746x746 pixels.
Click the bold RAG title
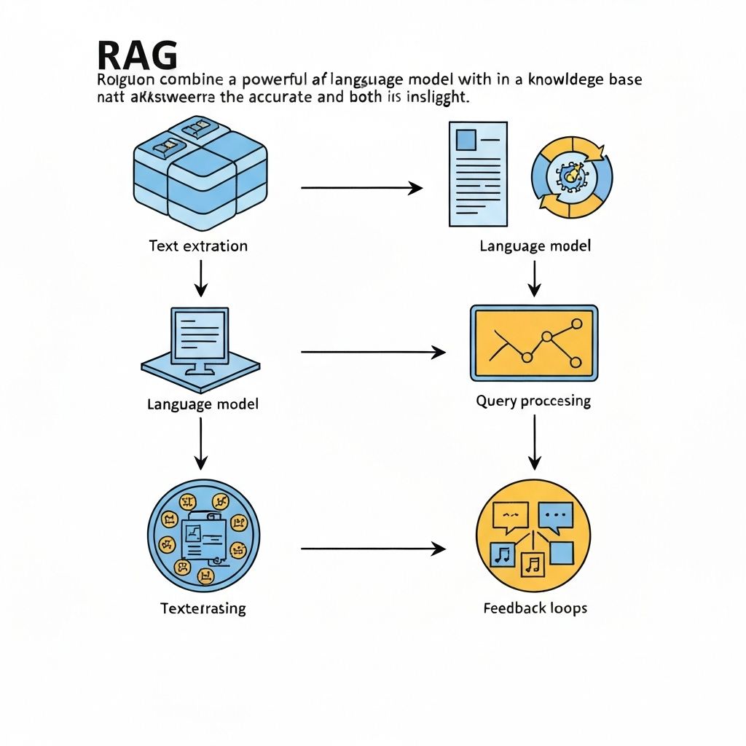click(136, 56)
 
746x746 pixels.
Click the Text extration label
click(198, 246)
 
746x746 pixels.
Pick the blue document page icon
click(478, 173)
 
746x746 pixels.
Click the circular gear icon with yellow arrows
click(572, 176)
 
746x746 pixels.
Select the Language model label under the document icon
click(535, 246)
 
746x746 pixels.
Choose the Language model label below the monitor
click(203, 404)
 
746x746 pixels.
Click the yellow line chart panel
click(535, 342)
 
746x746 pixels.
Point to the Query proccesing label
click(533, 401)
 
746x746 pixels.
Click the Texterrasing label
click(203, 608)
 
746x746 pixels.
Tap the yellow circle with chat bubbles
click(533, 537)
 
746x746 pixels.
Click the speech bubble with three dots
click(555, 514)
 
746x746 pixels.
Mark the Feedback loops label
click(535, 608)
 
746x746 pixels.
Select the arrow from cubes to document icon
click(361, 188)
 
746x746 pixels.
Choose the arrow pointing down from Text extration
click(200, 278)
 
